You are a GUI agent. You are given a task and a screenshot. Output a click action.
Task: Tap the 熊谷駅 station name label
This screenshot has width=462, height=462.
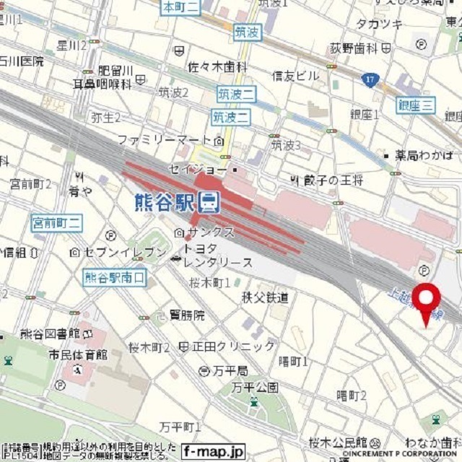[x=165, y=203]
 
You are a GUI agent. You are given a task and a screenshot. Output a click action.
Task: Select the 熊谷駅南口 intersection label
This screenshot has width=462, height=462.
[x=115, y=277]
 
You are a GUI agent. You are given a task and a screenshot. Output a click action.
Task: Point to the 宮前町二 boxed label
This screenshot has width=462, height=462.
[x=57, y=223]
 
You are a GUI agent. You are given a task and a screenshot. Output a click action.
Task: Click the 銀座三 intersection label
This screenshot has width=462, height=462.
[x=417, y=106]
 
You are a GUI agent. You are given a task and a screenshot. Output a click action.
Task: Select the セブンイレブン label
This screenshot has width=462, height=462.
[x=118, y=252]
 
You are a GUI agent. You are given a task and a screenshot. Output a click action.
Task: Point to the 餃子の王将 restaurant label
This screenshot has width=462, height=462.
[x=333, y=179]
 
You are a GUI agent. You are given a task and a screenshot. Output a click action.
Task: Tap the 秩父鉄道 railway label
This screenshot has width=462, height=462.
[x=265, y=297]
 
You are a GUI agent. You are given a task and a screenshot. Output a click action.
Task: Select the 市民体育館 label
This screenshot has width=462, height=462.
[x=78, y=355]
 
